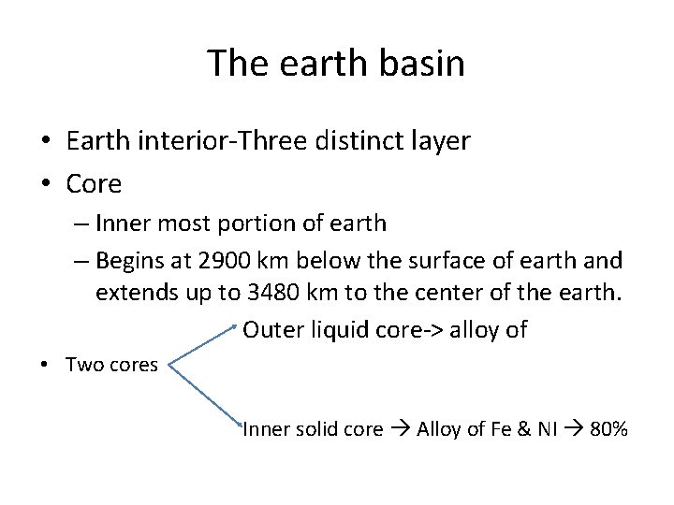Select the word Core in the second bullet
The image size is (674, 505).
94,184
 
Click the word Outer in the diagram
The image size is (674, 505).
271,329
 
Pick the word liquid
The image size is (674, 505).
334,329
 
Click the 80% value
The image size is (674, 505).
608,429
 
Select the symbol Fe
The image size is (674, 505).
502,429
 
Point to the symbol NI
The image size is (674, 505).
547,429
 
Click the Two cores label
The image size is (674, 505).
111,365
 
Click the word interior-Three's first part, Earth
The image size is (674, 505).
97,141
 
